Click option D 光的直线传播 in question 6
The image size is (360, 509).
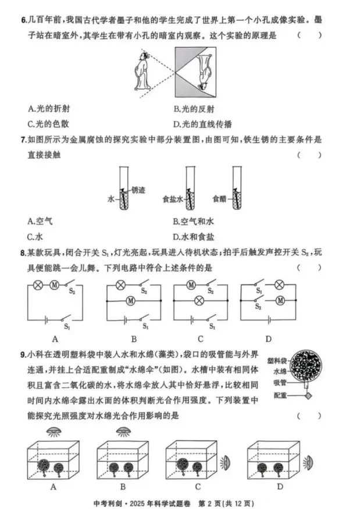203,124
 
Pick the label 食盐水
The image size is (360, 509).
173,199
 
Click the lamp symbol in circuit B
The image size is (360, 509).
122,285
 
